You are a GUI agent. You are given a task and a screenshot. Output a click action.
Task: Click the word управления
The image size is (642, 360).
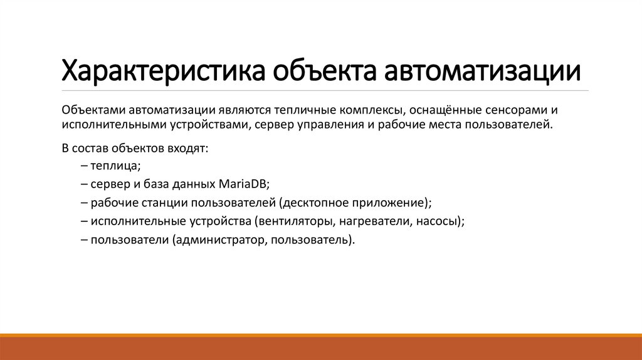tap(330, 124)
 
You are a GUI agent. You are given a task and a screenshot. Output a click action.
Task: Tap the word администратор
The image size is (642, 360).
tap(215, 240)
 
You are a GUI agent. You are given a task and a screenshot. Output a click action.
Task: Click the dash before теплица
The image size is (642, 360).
tap(84, 166)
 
